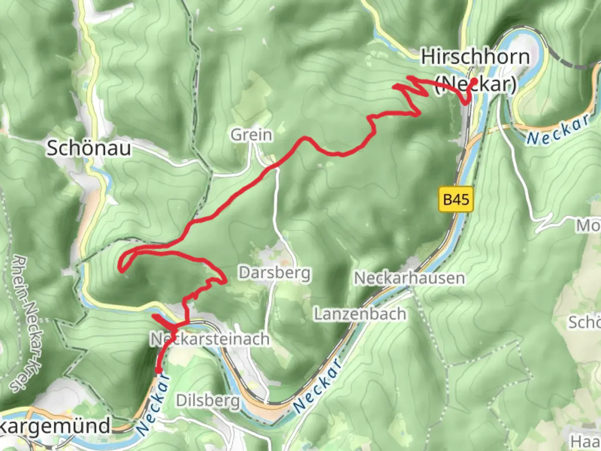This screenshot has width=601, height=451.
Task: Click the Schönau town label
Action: click(88, 148)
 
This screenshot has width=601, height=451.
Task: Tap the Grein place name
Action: click(252, 135)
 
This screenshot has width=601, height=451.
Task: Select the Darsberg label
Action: click(275, 273)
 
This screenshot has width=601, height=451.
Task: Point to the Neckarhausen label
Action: click(409, 278)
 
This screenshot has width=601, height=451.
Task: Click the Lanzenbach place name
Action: click(360, 314)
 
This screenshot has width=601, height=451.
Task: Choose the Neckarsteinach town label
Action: click(210, 339)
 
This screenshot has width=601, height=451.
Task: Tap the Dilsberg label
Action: click(208, 400)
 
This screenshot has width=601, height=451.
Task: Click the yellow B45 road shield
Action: click(456, 199)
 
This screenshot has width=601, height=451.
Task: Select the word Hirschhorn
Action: click(475, 57)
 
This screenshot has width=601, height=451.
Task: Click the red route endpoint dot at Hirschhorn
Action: click(474, 81)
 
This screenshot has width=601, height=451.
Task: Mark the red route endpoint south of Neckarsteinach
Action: click(158, 370)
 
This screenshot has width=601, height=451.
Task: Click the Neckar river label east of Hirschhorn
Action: click(558, 130)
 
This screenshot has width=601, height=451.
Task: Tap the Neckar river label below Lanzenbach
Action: click(318, 385)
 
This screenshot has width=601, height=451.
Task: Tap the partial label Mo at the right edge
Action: click(588, 226)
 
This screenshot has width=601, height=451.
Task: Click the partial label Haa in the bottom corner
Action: click(586, 441)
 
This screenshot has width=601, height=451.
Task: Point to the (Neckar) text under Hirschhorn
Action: click(476, 84)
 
